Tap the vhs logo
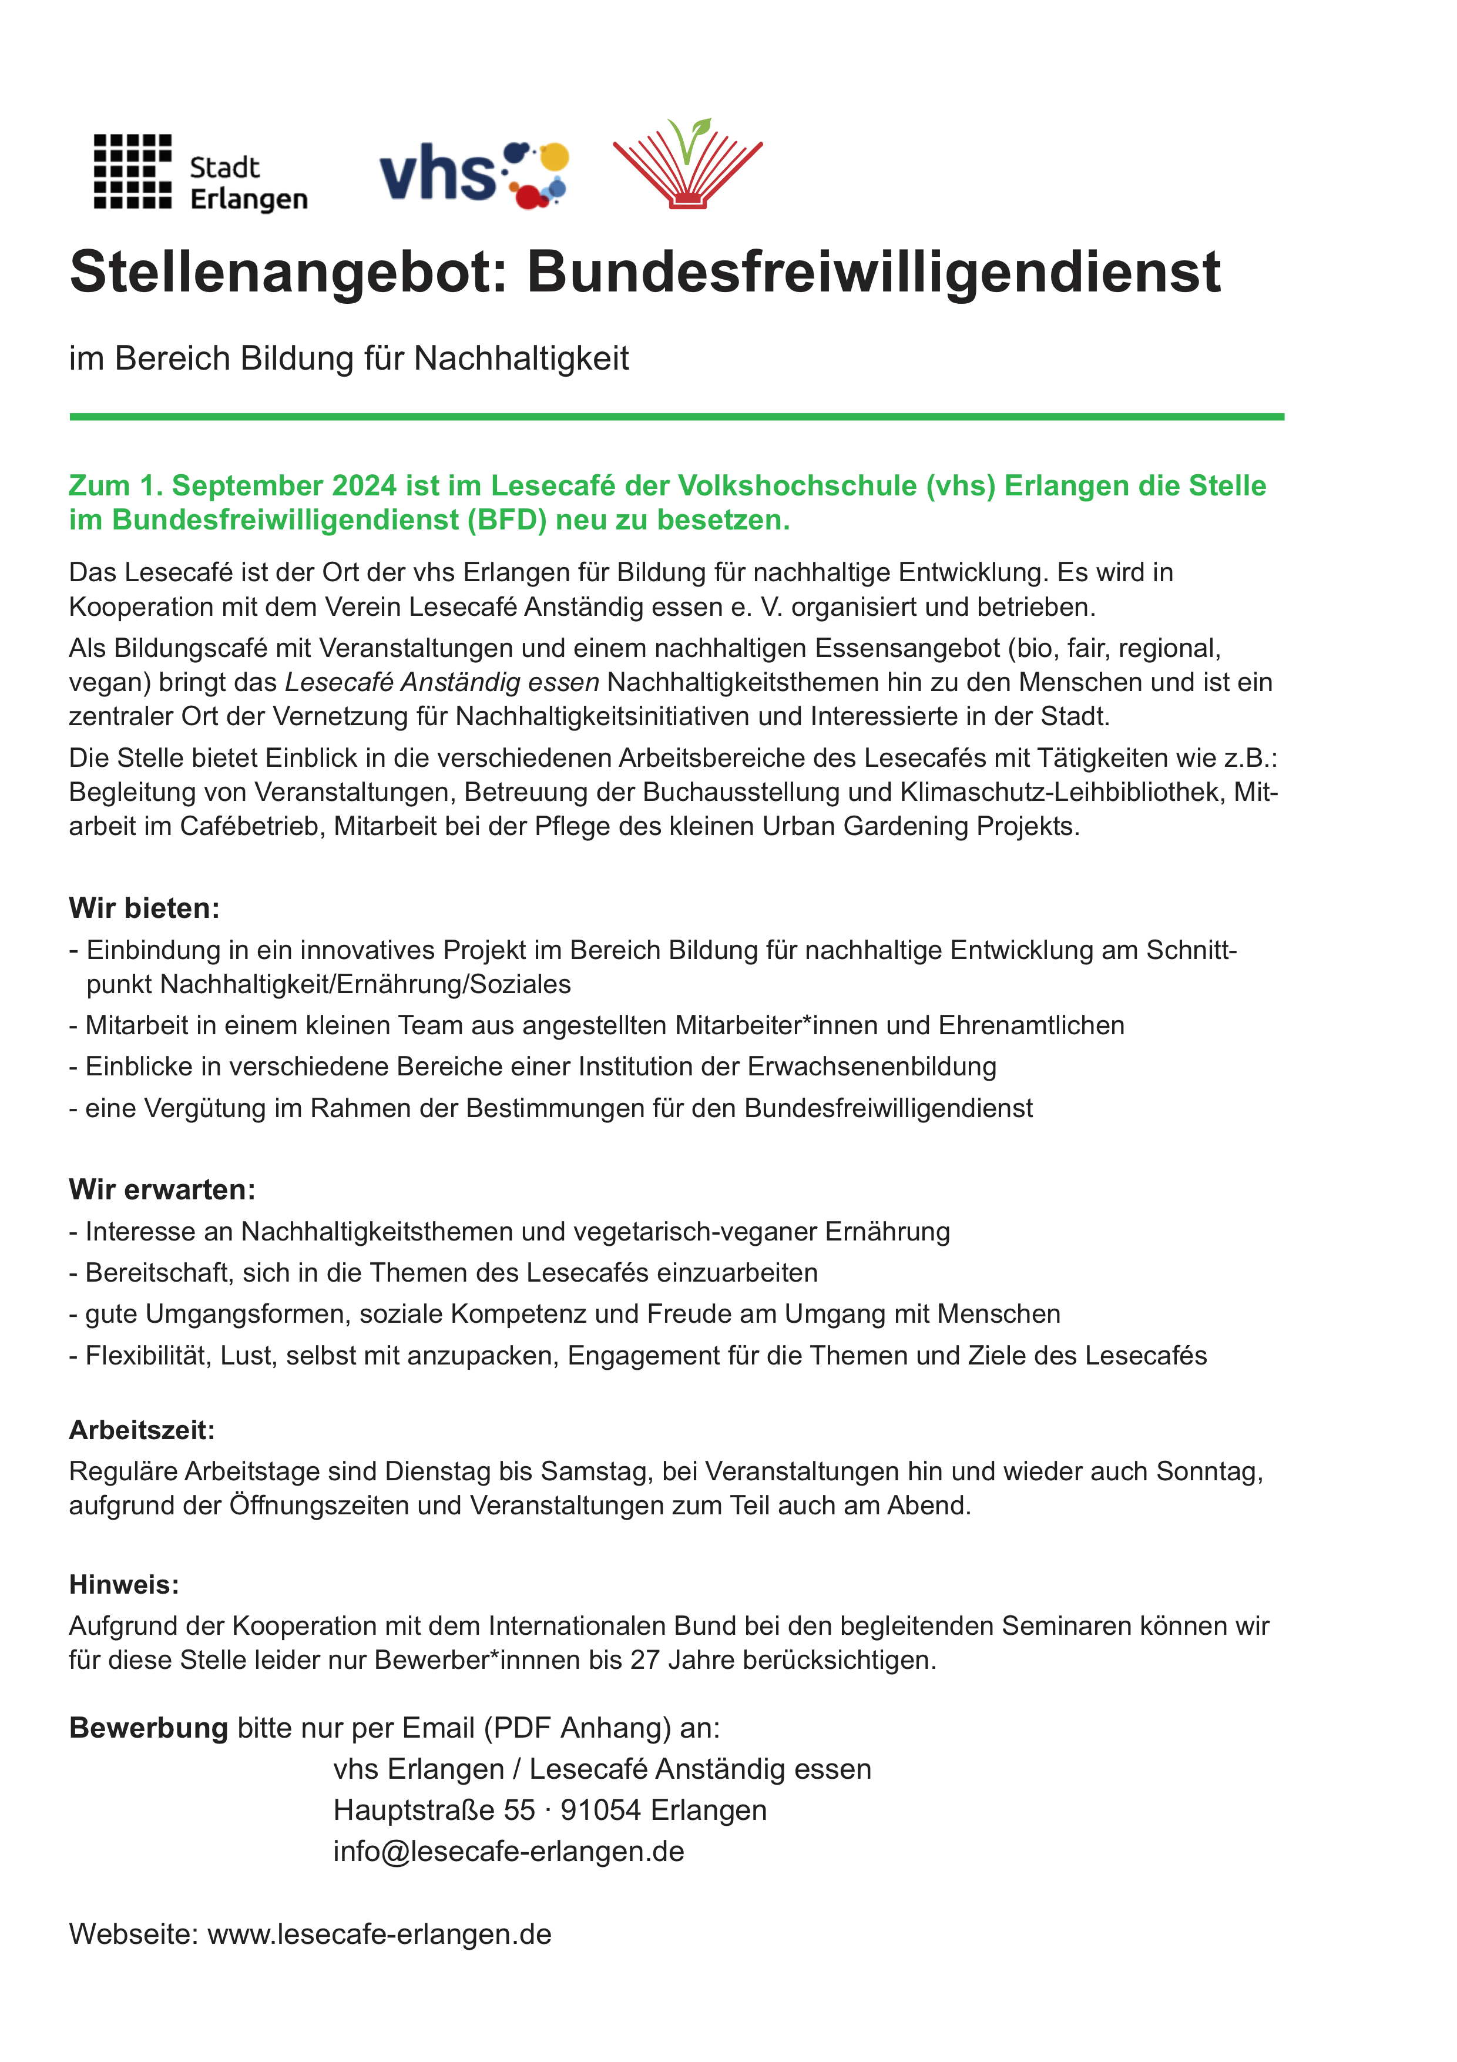point(473,174)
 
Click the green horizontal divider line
point(676,417)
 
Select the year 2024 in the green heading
point(364,486)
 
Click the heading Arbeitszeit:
point(142,1430)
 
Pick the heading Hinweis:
point(124,1584)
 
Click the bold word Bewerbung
point(148,1728)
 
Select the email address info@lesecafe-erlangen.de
point(508,1851)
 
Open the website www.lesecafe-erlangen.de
point(379,1933)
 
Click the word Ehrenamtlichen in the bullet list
point(1032,1025)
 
